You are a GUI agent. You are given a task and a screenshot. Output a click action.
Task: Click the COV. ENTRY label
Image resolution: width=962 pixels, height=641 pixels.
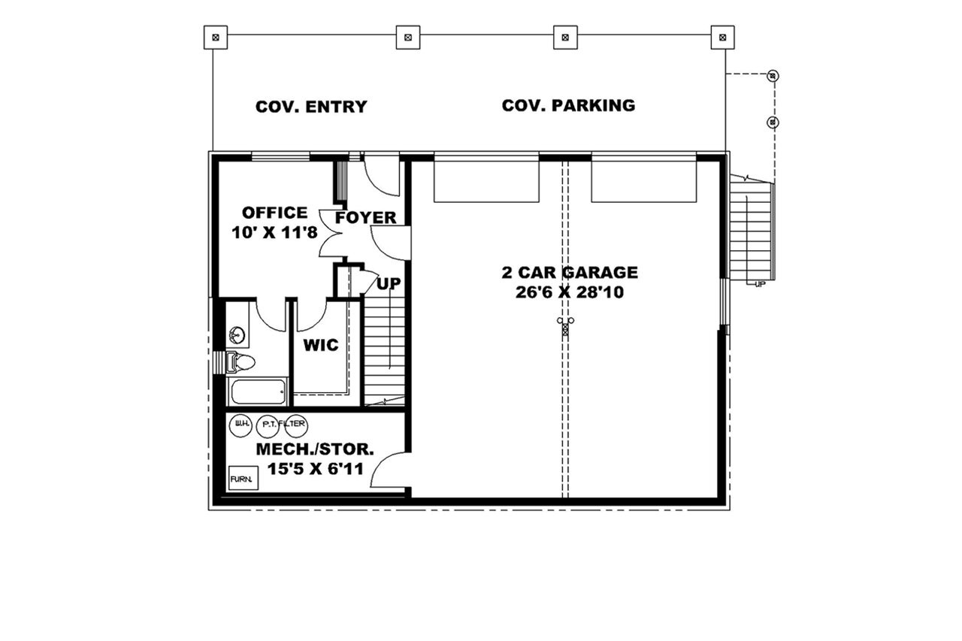(x=311, y=107)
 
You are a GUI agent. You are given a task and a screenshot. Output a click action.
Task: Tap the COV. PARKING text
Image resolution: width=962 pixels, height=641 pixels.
(x=568, y=105)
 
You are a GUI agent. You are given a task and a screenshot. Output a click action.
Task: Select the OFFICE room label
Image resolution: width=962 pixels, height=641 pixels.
(x=274, y=213)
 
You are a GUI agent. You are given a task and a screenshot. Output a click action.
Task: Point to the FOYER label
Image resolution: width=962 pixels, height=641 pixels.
(x=366, y=218)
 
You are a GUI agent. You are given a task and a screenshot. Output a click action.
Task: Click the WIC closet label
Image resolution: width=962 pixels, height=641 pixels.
(x=321, y=346)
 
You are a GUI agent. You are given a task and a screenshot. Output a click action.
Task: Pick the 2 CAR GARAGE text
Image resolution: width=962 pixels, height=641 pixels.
(x=570, y=272)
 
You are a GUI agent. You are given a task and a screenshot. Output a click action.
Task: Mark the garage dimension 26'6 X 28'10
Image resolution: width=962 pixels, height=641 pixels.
(x=570, y=292)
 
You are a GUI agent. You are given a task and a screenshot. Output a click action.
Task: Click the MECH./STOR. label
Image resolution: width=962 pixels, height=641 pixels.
(x=315, y=449)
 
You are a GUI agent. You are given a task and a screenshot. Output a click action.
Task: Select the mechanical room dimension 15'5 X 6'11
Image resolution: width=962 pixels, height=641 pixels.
(x=315, y=470)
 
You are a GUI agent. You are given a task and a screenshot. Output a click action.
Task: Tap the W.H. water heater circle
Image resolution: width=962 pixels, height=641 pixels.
(x=241, y=425)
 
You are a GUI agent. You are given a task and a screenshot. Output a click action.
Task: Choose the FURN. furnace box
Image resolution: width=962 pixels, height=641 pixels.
(x=243, y=478)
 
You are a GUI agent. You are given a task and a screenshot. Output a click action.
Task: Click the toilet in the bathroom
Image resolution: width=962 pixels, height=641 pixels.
(x=242, y=363)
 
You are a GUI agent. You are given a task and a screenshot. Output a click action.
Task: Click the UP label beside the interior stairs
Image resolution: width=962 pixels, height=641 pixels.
(x=389, y=284)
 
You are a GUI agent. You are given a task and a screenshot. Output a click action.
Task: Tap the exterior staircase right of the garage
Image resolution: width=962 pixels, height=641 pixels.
(x=751, y=225)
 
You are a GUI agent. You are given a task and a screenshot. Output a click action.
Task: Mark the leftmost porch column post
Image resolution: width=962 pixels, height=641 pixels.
(x=216, y=35)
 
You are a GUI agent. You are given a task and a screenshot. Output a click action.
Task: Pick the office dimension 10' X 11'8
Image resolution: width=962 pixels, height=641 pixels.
(x=274, y=232)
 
